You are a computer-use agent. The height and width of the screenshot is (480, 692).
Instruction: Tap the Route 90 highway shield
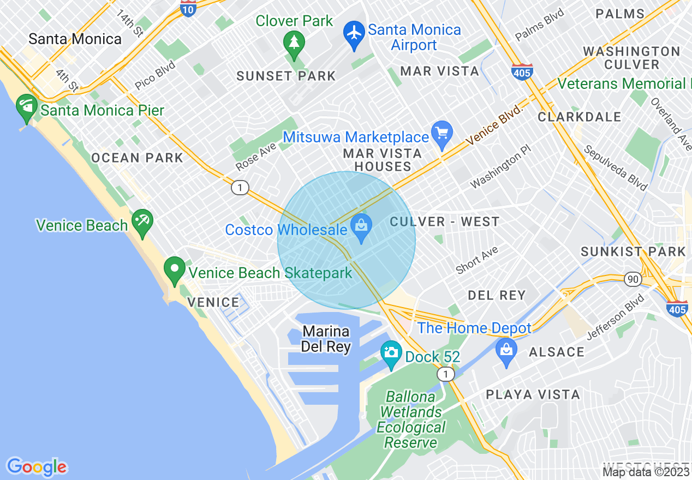pyautogui.click(x=633, y=279)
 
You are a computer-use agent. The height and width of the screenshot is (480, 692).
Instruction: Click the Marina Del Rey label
pyautogui.click(x=326, y=339)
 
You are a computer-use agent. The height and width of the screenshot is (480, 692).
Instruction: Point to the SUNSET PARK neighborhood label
pyautogui.click(x=286, y=76)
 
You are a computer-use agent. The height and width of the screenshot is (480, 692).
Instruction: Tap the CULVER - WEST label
pyautogui.click(x=445, y=221)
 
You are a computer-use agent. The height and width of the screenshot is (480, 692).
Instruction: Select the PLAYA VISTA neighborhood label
pyautogui.click(x=533, y=394)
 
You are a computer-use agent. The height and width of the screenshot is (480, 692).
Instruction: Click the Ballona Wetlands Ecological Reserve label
pyautogui.click(x=411, y=419)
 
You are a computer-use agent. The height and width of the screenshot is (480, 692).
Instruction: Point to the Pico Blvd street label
pyautogui.click(x=155, y=75)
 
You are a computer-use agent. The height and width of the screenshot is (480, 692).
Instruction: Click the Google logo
pyautogui.click(x=37, y=467)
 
